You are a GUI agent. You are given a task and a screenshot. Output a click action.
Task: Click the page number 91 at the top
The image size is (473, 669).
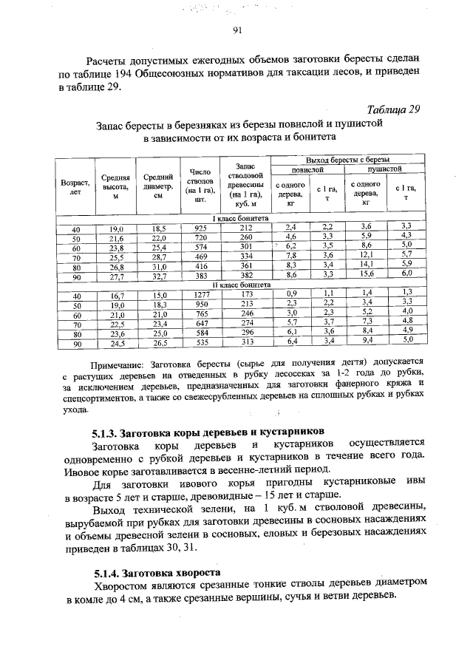click(237, 30)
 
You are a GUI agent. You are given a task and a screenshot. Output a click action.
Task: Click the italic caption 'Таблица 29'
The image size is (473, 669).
click(393, 109)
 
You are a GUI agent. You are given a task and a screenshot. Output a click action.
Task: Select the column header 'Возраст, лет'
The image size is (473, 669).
click(75, 188)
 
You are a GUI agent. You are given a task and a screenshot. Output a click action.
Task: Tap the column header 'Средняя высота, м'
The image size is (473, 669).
click(116, 188)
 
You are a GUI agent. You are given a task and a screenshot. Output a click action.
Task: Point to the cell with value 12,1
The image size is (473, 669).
click(366, 255)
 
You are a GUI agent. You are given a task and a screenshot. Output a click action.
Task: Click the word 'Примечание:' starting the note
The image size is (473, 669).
click(119, 364)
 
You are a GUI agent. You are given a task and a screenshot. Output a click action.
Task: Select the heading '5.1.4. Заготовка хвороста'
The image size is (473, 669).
click(157, 572)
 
